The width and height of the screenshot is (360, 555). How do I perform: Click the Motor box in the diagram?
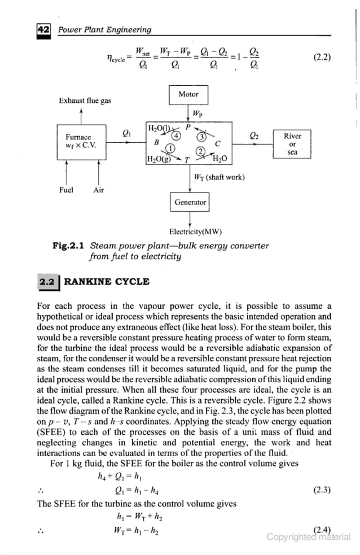(188, 95)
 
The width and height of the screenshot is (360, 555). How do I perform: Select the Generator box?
(190, 202)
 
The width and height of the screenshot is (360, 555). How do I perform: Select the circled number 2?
(199, 151)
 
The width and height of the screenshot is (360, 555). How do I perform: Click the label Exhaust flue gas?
(85, 101)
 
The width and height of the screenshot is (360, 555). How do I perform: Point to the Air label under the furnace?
(98, 190)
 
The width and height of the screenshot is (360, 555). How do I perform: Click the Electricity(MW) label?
(195, 231)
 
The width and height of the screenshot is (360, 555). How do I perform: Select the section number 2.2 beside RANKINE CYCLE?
(46, 281)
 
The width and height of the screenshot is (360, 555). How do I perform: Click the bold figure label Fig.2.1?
(68, 246)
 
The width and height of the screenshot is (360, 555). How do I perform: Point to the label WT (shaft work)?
(219, 177)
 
